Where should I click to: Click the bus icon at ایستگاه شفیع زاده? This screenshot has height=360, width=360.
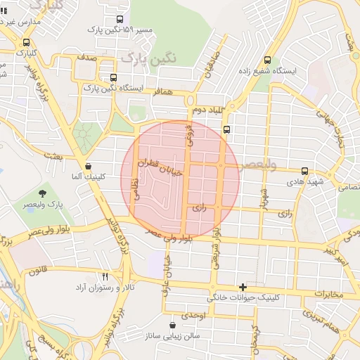266,60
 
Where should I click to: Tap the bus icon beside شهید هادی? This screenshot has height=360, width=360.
304,171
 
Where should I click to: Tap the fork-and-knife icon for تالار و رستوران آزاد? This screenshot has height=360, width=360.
105,276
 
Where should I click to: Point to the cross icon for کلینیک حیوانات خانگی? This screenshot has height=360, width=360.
243,287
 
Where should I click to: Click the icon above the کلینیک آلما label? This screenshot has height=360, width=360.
88,167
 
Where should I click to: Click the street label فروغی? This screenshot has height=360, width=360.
188,134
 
